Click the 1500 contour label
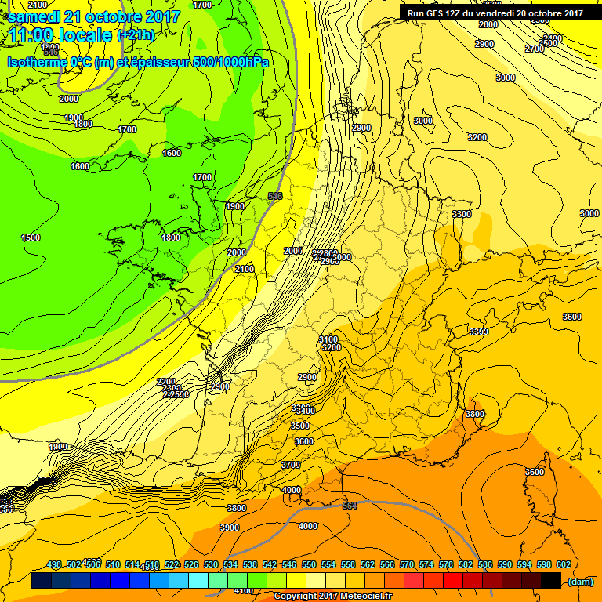(x=31, y=238)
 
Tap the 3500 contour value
(x=300, y=426)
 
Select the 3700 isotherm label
(x=291, y=465)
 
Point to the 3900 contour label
(x=230, y=528)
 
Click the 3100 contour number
(x=330, y=339)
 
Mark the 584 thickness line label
(x=350, y=506)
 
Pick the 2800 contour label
(x=488, y=24)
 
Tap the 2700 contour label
(x=535, y=49)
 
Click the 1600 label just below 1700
(x=172, y=153)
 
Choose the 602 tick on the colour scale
(x=563, y=564)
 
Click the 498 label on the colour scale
(x=54, y=564)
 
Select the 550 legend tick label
(x=309, y=564)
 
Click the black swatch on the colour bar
(x=551, y=581)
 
